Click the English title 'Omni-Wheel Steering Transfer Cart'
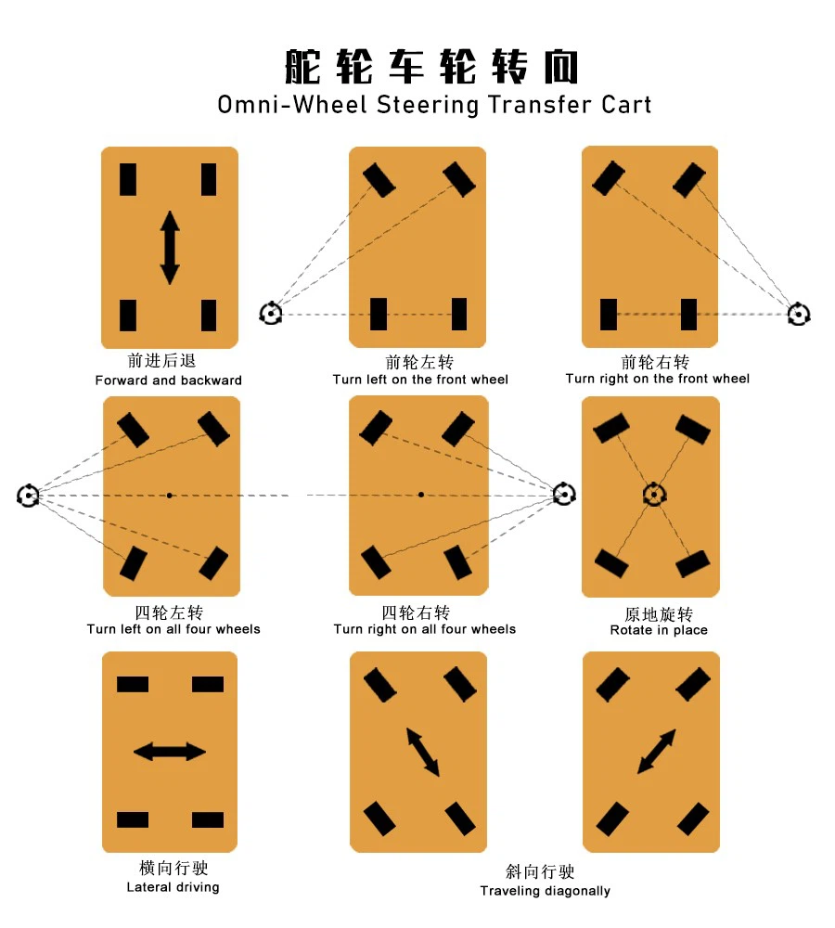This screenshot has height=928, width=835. click(434, 104)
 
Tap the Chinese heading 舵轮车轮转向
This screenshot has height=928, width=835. click(431, 67)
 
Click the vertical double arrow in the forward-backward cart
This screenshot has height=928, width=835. click(170, 248)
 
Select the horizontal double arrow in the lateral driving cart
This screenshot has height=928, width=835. click(170, 751)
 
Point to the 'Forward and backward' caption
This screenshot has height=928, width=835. click(168, 380)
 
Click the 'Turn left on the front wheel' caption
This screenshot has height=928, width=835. click(420, 380)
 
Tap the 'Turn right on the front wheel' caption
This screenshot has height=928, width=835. click(657, 379)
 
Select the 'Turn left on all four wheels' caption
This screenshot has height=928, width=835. click(173, 629)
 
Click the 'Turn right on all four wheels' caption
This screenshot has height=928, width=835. click(424, 629)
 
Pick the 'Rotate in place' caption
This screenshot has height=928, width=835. click(659, 630)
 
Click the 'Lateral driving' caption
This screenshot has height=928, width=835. click(173, 887)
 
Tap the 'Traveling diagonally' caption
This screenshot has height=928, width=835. click(545, 891)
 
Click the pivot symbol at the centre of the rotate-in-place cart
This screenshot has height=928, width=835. click(653, 495)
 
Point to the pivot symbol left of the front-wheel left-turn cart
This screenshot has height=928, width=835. click(270, 313)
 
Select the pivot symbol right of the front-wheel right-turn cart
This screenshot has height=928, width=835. click(798, 315)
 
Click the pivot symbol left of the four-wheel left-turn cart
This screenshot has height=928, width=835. click(29, 496)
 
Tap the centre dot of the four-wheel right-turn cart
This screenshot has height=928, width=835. click(420, 495)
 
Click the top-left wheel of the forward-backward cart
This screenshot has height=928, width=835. click(128, 179)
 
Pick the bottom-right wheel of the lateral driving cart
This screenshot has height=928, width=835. click(208, 819)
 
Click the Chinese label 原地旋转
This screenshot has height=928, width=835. click(659, 614)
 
